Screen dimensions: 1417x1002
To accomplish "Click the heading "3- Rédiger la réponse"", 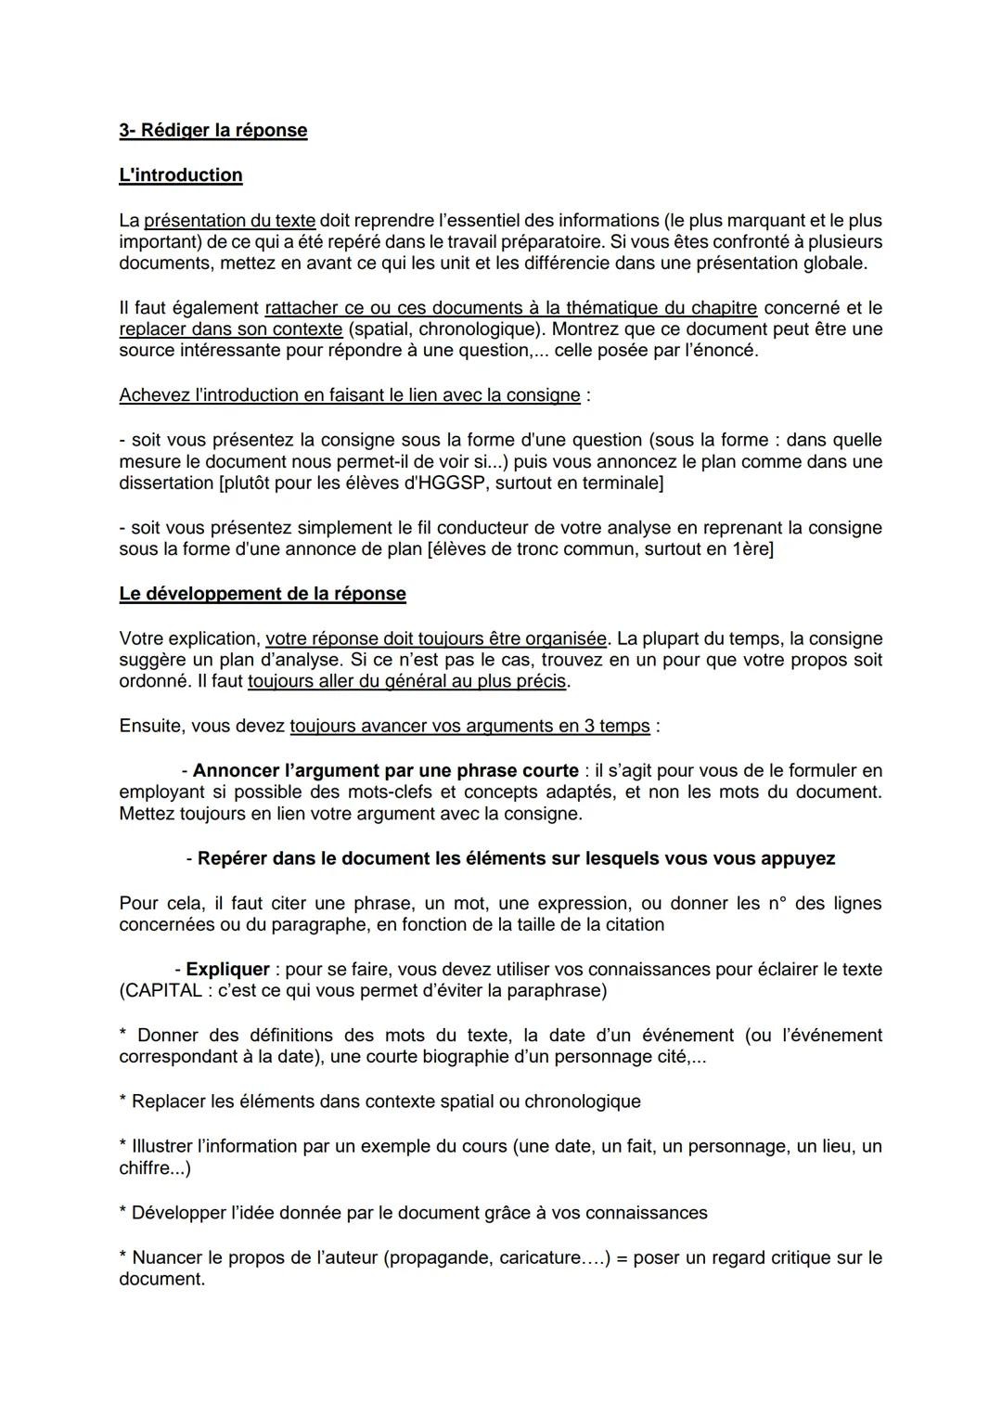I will tap(212, 130).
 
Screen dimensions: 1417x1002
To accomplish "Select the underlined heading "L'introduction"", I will tap(181, 175).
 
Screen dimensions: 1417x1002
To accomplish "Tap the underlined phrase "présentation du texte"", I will tap(229, 221).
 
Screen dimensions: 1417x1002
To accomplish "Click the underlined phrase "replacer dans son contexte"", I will tap(230, 329).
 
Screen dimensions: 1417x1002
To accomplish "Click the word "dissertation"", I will tap(166, 483).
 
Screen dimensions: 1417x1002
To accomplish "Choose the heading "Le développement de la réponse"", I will tap(263, 594).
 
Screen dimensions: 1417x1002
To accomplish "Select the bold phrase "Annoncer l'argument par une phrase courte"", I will tap(385, 771).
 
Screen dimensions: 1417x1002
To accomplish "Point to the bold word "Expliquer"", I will tap(227, 970).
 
